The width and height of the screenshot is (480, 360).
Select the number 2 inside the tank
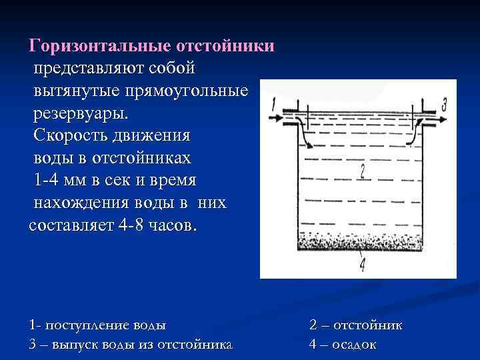[x=361, y=171]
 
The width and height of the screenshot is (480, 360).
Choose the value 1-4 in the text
[x=51, y=180]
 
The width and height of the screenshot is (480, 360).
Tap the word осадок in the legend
[x=353, y=344]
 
